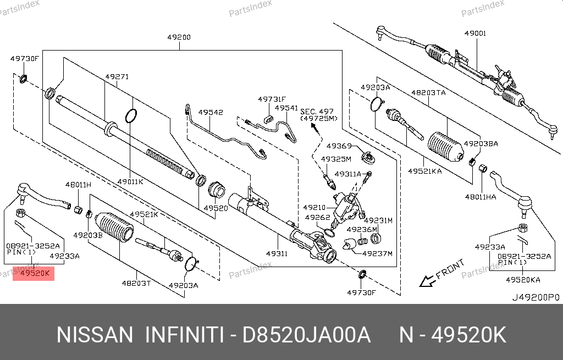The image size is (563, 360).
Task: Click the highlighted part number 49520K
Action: (x=34, y=272)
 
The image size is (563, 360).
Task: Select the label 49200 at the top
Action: (x=179, y=38)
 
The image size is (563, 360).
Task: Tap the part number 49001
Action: (x=475, y=34)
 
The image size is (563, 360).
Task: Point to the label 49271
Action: (x=117, y=77)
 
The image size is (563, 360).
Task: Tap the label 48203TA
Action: (x=429, y=93)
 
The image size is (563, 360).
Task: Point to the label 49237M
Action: (x=378, y=253)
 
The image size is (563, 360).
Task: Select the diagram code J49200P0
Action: (x=535, y=297)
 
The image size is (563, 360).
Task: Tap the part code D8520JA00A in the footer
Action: (x=307, y=335)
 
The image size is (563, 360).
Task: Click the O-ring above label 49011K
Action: (x=131, y=116)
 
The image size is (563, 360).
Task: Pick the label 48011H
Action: (x=78, y=185)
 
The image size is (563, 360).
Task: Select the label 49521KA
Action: (x=424, y=171)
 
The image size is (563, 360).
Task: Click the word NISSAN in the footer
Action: (x=95, y=335)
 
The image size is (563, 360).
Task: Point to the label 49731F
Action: (x=272, y=99)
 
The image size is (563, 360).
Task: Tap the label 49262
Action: (x=317, y=217)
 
